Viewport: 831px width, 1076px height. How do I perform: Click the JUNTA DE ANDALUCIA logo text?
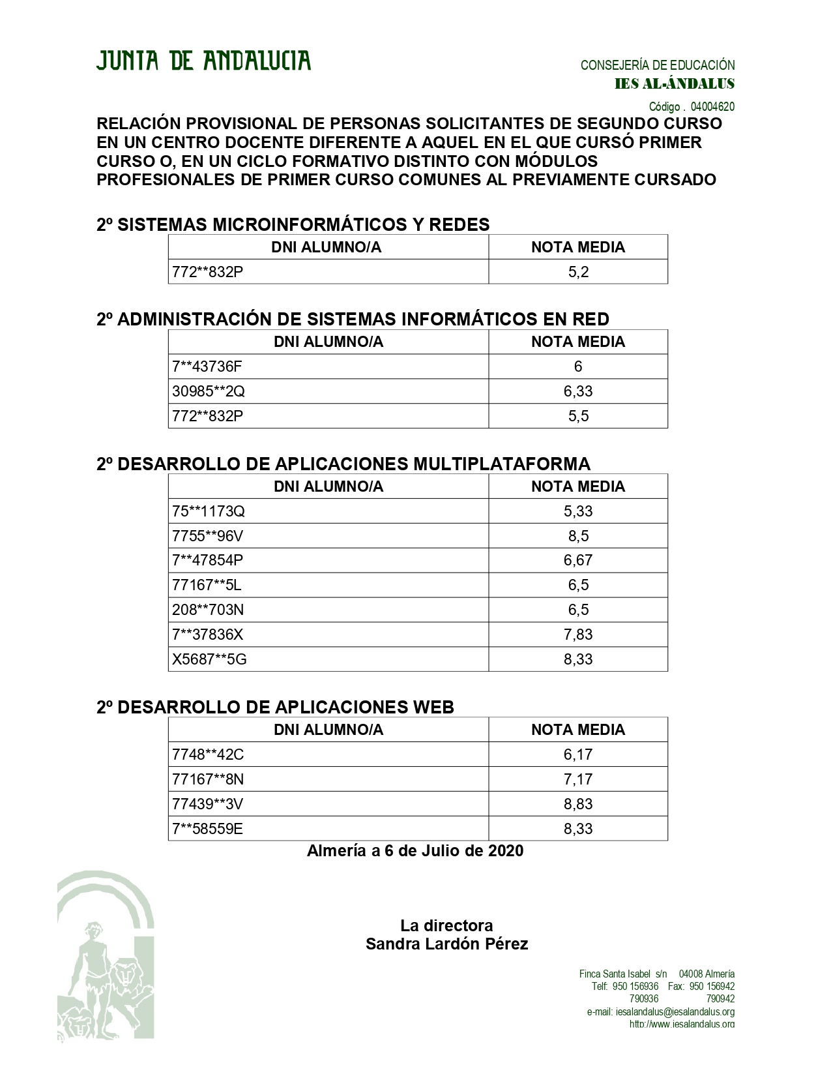tap(203, 61)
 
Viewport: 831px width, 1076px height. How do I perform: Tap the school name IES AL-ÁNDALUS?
tap(675, 84)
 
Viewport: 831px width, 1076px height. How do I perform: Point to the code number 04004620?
tap(712, 106)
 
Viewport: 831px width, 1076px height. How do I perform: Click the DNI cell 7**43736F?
tap(207, 366)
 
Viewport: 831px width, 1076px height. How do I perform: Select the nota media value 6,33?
tap(578, 391)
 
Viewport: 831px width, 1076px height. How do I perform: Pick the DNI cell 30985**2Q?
tap(209, 391)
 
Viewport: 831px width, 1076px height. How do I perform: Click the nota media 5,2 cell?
tap(578, 272)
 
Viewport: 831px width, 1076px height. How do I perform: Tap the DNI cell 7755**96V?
tap(207, 536)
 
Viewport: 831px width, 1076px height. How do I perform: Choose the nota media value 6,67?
tap(578, 560)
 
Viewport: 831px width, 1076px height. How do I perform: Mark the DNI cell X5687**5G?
tap(209, 659)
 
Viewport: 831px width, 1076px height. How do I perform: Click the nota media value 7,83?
tap(578, 635)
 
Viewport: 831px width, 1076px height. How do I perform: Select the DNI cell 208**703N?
tap(208, 610)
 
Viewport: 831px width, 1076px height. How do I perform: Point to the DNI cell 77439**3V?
tap(207, 804)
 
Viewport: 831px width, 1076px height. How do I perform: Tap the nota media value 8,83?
tap(578, 804)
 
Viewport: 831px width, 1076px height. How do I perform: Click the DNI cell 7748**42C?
tap(207, 755)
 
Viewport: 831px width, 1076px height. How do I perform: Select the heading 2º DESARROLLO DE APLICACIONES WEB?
tap(275, 707)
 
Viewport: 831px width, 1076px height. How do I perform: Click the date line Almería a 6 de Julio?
tap(415, 850)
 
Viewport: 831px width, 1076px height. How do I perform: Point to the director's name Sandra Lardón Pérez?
tap(446, 944)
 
